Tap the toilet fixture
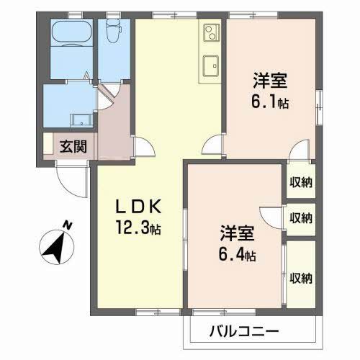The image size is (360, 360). (112, 32)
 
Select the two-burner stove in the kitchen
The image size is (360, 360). (210, 33)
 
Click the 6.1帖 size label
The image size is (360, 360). (270, 103)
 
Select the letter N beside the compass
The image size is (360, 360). (67, 225)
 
